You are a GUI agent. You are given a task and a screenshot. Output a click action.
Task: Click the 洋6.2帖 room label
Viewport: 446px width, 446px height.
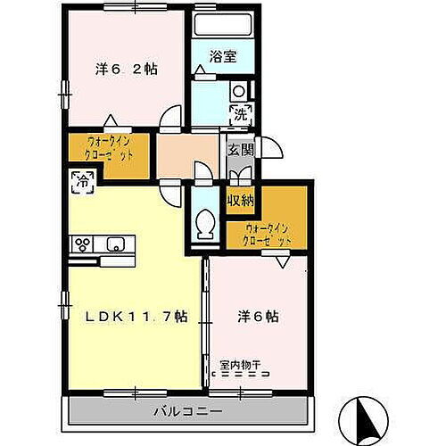[127, 69]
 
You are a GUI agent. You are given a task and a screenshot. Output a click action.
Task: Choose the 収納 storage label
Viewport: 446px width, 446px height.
[238, 200]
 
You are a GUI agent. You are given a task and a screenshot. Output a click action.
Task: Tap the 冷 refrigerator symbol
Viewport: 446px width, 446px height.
[78, 182]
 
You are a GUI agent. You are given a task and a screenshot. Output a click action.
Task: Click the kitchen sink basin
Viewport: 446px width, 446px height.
[117, 244]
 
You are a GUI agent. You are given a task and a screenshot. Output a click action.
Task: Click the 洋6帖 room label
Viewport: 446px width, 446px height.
[258, 317]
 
